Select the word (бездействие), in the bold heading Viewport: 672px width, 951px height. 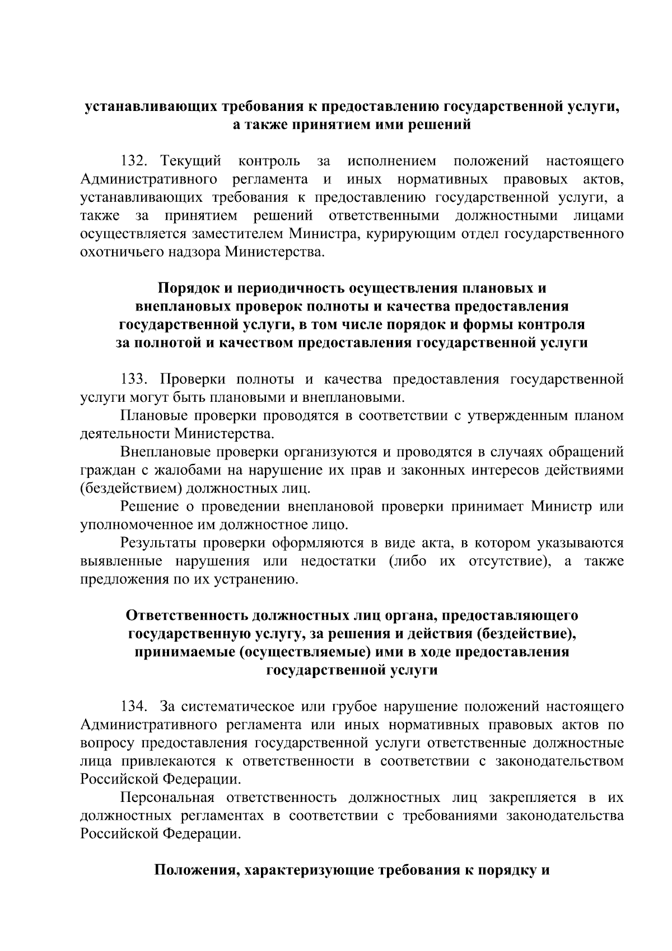coord(525,634)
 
